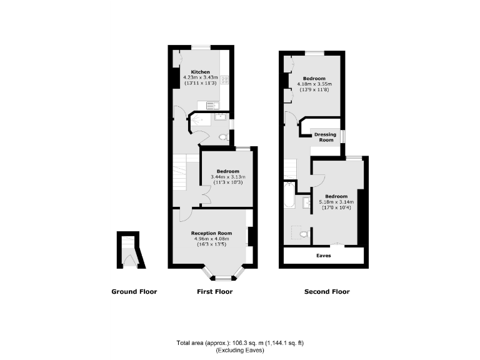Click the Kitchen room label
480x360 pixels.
point(200,72)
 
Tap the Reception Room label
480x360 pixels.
point(211,233)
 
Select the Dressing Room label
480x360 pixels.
point(325,137)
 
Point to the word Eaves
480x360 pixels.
point(324,256)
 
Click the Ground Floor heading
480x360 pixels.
point(134,292)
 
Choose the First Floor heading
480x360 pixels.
point(214,292)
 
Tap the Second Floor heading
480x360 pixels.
point(327,292)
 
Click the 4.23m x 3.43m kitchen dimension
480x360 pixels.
point(200,77)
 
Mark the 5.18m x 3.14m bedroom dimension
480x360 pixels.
point(336,202)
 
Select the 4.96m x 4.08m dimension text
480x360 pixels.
point(211,239)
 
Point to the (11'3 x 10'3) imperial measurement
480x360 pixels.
point(227,182)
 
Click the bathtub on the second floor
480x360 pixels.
point(289,196)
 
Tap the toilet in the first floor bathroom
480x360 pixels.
point(223,137)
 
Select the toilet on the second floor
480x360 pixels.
point(303,234)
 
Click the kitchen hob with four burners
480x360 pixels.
point(224,79)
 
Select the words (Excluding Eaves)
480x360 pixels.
point(239,351)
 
